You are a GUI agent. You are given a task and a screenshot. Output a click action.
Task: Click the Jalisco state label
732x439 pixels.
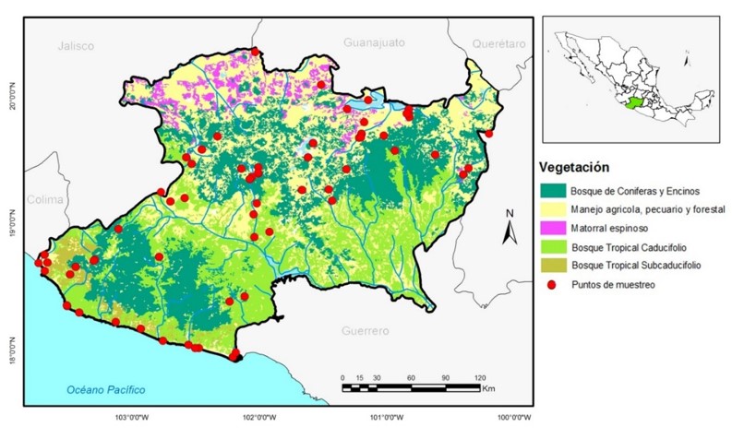click(x=76, y=45)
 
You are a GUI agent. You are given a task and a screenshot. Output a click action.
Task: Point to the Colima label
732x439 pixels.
click(x=44, y=199)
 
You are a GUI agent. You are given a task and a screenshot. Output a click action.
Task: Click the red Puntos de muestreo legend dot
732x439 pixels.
click(x=552, y=285)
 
